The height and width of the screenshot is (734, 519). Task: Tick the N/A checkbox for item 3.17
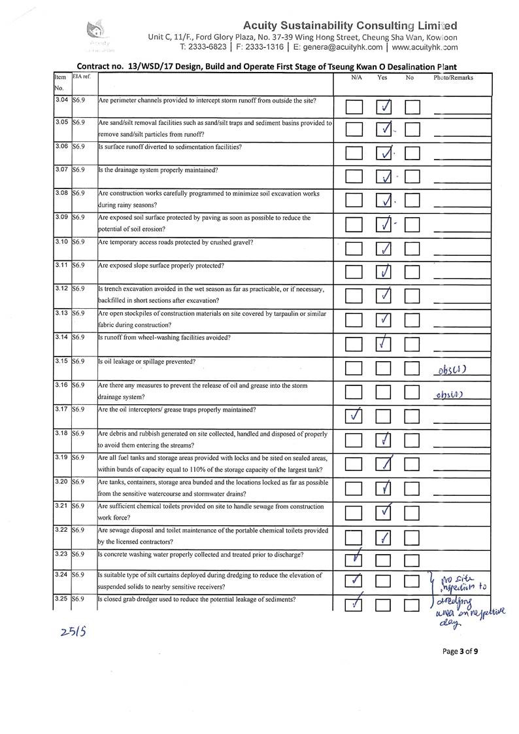pyautogui.click(x=354, y=415)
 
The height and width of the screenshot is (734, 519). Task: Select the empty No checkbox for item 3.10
pyautogui.click(x=412, y=249)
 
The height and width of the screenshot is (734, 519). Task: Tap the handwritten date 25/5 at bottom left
pyautogui.click(x=69, y=632)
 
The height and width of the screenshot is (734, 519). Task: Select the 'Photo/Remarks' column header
pyautogui.click(x=453, y=77)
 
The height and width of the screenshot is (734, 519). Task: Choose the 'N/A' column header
pyautogui.click(x=356, y=77)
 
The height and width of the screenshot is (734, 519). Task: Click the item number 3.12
pyautogui.click(x=61, y=288)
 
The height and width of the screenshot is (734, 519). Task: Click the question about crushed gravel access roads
pyautogui.click(x=176, y=242)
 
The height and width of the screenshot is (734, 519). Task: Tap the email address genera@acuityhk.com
pyautogui.click(x=339, y=47)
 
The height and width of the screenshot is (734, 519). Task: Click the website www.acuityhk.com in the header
pyautogui.click(x=425, y=47)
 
